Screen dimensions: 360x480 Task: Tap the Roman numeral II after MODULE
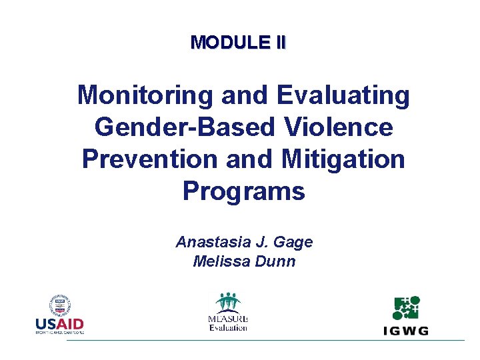point(279,43)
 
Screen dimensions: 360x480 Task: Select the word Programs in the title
point(243,191)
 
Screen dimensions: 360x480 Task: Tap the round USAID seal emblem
point(60,306)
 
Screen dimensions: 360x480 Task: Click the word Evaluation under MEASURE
point(228,327)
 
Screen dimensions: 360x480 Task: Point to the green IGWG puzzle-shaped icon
point(406,308)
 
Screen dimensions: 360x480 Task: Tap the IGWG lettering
point(406,330)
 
